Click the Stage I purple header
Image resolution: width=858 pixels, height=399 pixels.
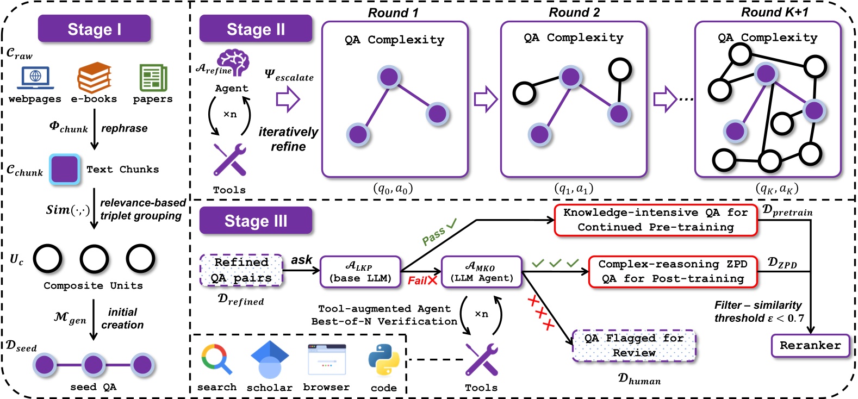pos(94,29)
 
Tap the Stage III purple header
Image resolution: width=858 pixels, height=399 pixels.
pos(256,221)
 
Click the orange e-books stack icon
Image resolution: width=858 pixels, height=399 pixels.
pos(94,77)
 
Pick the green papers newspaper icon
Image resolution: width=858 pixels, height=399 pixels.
pos(153,77)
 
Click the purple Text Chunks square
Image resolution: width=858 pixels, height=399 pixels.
pos(65,169)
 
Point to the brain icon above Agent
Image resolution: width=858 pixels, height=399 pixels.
pos(233,61)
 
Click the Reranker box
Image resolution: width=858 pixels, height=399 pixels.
pos(810,345)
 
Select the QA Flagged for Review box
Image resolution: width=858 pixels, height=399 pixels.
pos(634,345)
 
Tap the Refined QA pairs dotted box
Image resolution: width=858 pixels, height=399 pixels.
pos(241,270)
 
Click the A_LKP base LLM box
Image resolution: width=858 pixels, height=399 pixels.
pos(360,271)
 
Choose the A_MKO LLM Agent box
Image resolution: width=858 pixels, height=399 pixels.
pos(481,271)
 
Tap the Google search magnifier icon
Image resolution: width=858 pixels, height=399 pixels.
pos(217,360)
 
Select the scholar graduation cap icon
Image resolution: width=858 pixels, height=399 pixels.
pos(269,360)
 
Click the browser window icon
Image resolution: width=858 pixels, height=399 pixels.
pos(326,360)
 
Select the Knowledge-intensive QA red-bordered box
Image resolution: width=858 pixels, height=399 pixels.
pos(655,220)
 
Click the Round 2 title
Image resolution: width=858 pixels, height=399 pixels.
pos(574,13)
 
